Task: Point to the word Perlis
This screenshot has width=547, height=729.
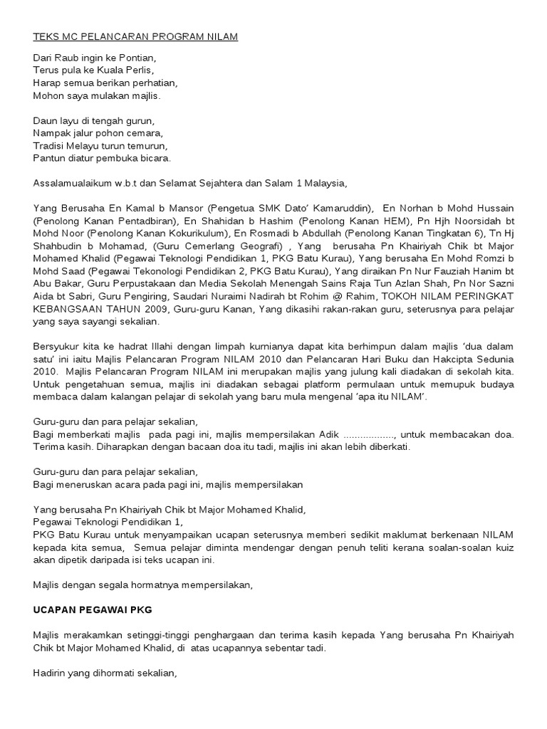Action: (137, 69)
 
